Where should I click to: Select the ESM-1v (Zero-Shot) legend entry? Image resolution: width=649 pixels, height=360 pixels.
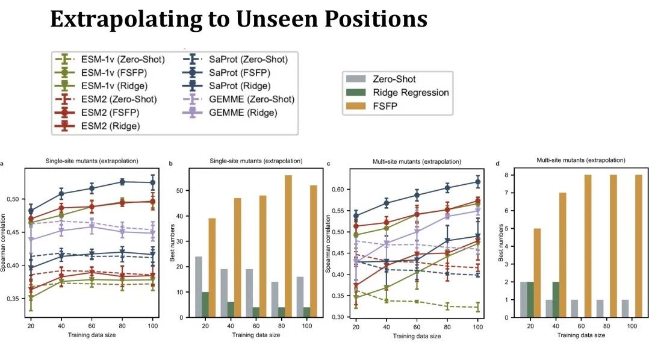114,60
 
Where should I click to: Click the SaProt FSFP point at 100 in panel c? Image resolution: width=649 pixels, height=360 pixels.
479,182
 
